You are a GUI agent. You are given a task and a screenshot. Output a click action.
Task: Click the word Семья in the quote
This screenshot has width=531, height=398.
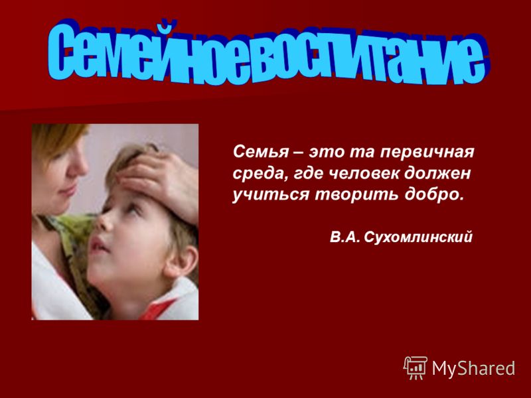click(x=261, y=152)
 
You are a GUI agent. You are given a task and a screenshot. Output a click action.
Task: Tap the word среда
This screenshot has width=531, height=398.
click(x=258, y=174)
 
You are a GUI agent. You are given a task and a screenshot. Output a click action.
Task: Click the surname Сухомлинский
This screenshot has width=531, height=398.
click(x=418, y=237)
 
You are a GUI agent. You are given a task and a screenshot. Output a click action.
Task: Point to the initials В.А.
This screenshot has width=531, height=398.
click(x=344, y=237)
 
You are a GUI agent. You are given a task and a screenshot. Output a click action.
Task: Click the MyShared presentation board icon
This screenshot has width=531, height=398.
click(x=416, y=368)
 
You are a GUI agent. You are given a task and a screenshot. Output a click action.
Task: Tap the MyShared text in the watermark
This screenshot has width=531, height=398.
click(x=473, y=368)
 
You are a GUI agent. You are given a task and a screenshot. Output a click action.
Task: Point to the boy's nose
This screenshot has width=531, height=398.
click(x=104, y=222)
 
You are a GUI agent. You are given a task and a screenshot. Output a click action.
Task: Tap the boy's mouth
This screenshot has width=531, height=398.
click(x=98, y=245)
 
